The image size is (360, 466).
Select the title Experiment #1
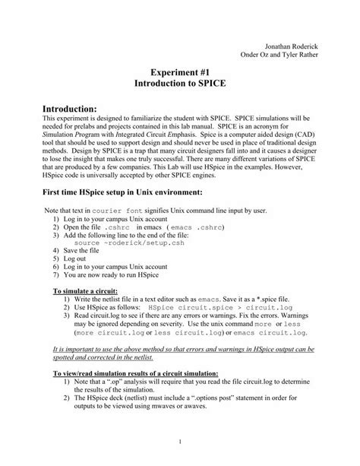179,68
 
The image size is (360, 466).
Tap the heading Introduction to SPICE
179,81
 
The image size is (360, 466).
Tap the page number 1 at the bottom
180,443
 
